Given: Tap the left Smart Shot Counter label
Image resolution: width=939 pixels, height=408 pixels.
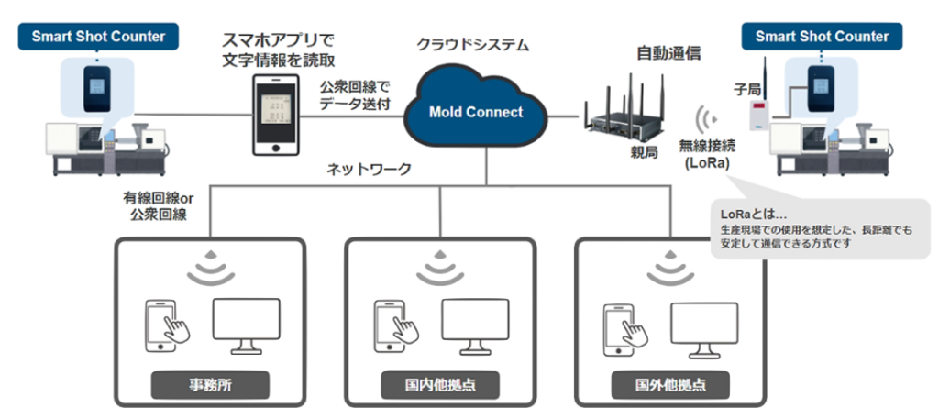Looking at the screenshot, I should click(98, 37).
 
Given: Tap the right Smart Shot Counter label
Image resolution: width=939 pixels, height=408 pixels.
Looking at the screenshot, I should click(822, 37).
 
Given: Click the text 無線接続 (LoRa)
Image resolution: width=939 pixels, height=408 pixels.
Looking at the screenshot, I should click(705, 154).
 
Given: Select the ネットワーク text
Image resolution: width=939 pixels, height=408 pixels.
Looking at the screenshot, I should click(370, 169).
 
